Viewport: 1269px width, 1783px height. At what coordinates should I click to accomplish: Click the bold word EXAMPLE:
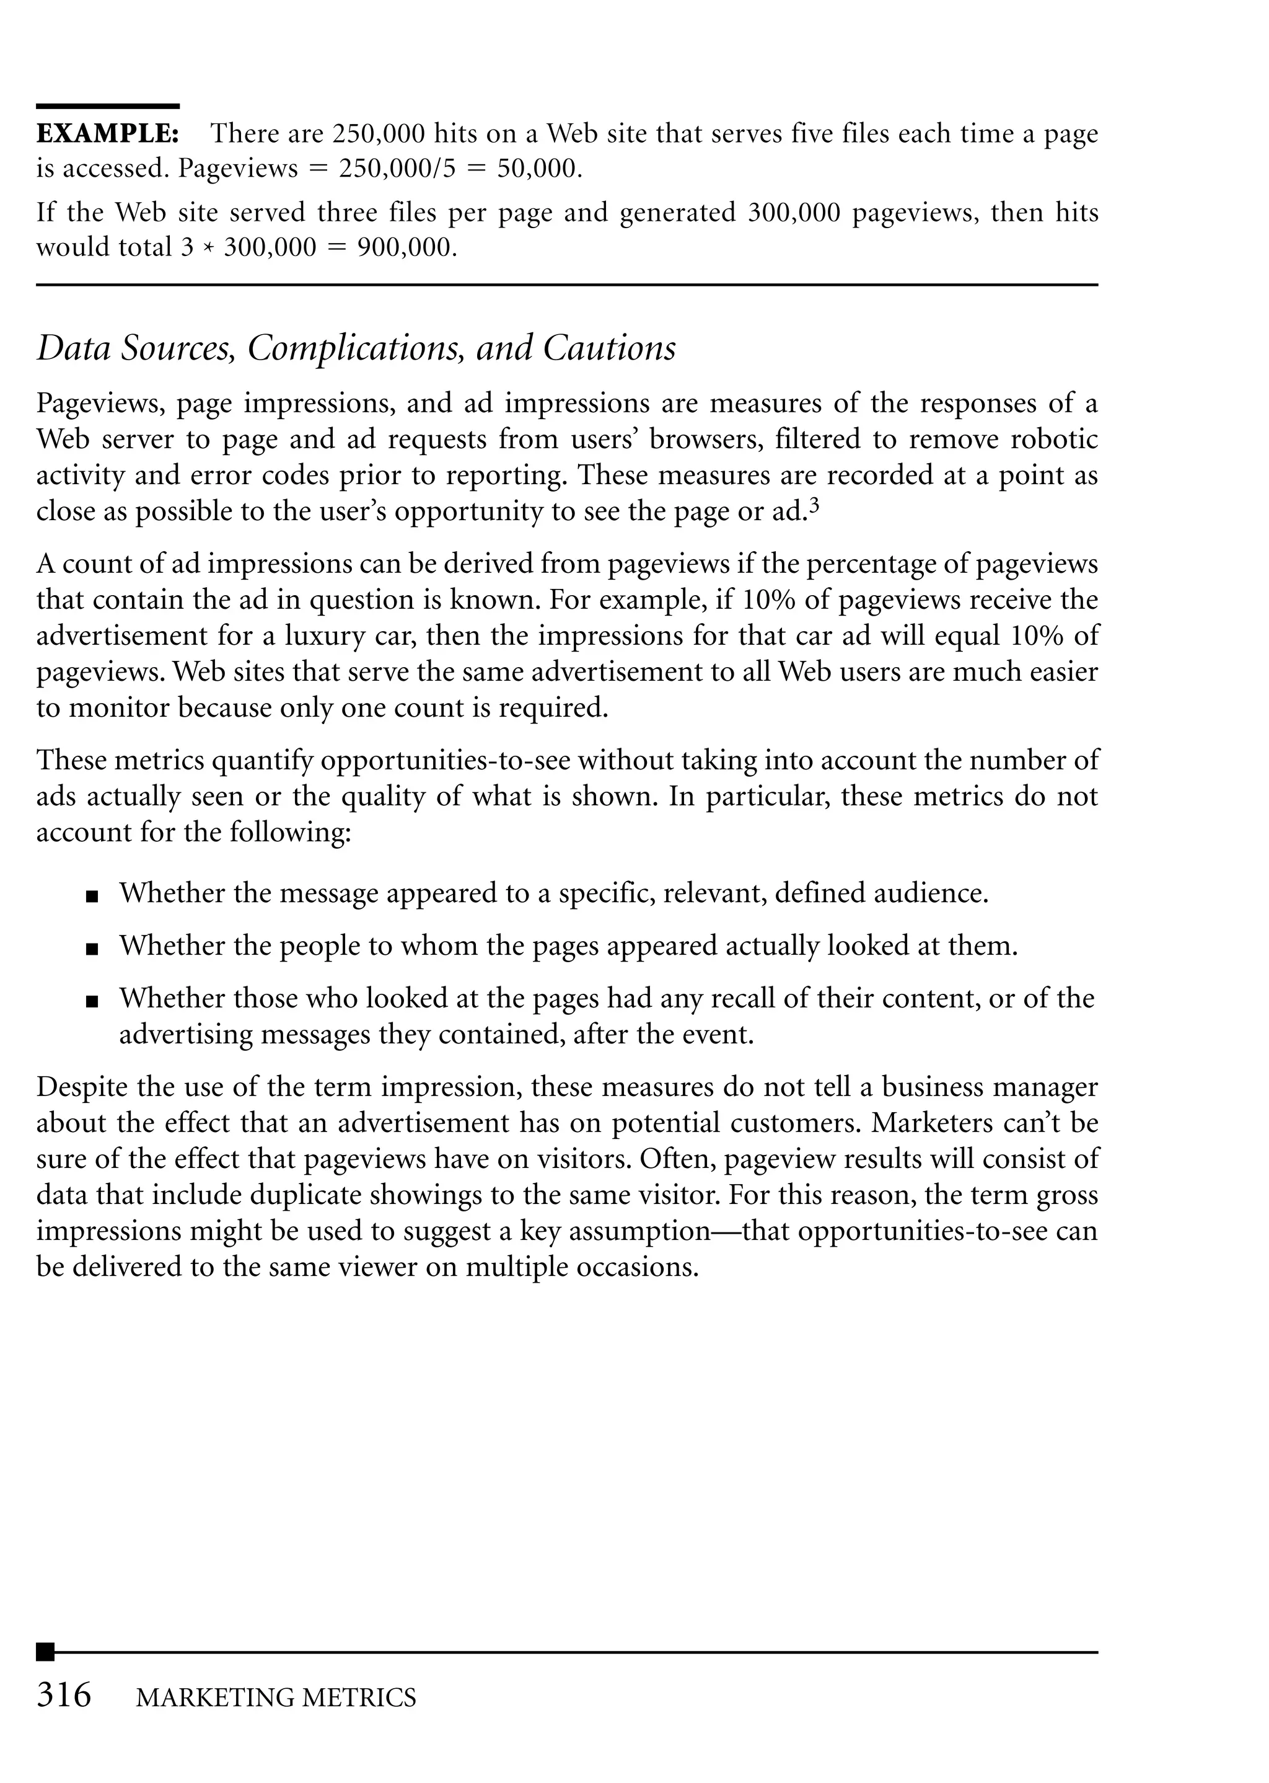[x=108, y=134]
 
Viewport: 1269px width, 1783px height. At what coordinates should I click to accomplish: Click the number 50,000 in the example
[x=539, y=169]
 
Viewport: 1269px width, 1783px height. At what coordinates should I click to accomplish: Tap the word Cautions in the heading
[x=610, y=348]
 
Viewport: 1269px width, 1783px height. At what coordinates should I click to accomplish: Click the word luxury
[x=323, y=635]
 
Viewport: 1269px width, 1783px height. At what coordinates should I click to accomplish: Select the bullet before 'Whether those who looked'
[x=92, y=1001]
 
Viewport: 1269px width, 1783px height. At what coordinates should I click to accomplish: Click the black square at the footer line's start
[x=45, y=1652]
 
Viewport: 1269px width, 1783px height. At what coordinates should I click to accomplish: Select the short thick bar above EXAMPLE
[x=108, y=105]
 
